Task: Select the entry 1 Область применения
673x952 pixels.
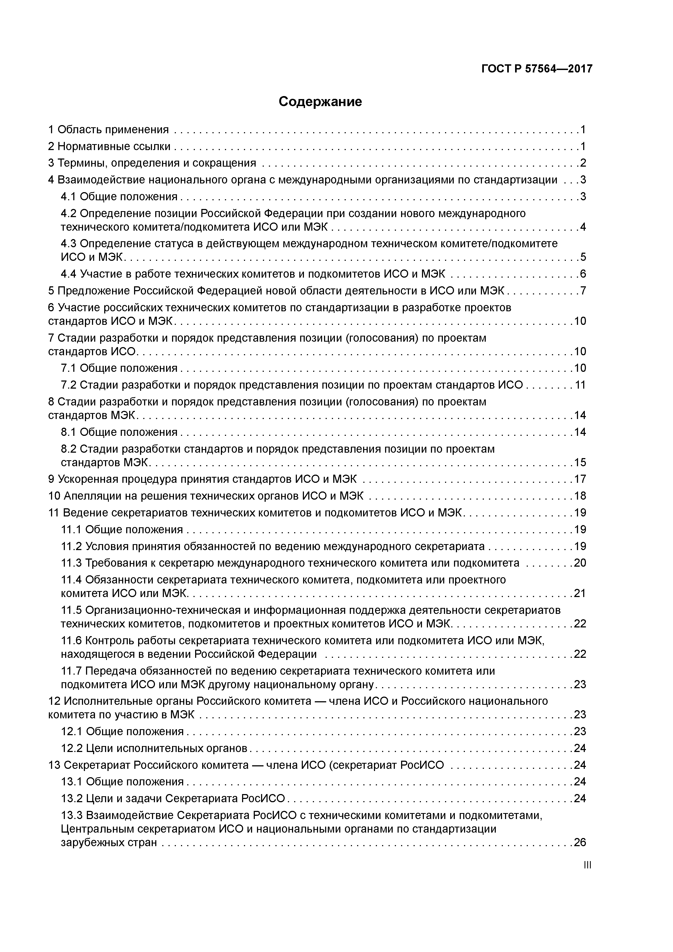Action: [x=109, y=130]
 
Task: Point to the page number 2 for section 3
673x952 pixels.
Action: [x=583, y=163]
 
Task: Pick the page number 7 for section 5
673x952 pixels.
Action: [x=583, y=291]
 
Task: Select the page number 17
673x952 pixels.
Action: [x=580, y=479]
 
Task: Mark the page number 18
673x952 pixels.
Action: [x=580, y=496]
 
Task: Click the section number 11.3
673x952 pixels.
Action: [x=71, y=563]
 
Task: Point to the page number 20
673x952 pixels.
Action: [x=580, y=563]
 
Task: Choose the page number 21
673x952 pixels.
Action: [x=580, y=593]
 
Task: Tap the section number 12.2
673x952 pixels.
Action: [x=72, y=748]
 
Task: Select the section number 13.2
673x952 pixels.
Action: [x=72, y=798]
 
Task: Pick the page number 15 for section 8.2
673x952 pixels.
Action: [x=580, y=462]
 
